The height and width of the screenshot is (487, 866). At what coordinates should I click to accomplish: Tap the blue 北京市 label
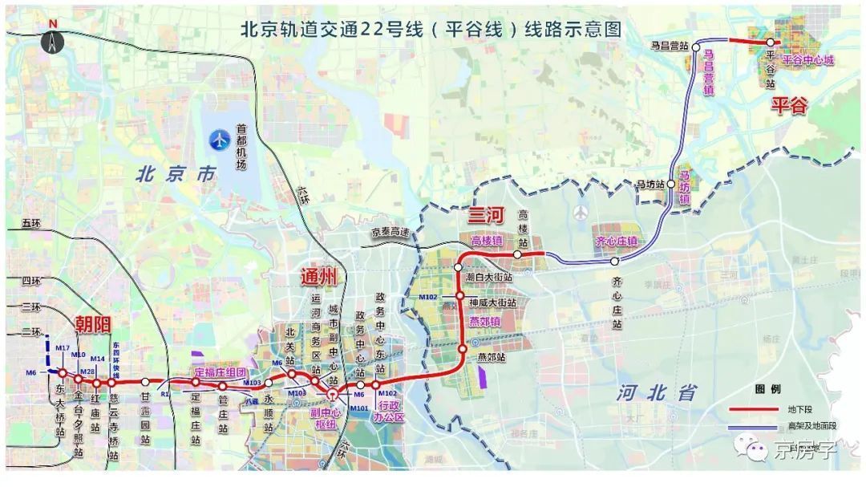click(176, 173)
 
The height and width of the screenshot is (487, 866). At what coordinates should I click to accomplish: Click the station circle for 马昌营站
click(695, 46)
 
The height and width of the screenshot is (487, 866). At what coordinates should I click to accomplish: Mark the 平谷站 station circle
click(770, 43)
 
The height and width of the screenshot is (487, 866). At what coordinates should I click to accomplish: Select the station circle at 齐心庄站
click(614, 262)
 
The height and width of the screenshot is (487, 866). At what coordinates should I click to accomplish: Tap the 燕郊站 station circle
click(463, 349)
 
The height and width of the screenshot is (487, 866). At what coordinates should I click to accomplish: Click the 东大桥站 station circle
click(63, 372)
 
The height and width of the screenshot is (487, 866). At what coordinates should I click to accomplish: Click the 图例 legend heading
click(767, 388)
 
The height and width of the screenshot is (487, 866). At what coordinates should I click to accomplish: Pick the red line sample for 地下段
click(755, 408)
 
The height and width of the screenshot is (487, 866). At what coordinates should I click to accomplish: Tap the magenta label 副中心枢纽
click(326, 418)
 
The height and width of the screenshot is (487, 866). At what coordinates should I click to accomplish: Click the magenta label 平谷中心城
click(808, 60)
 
